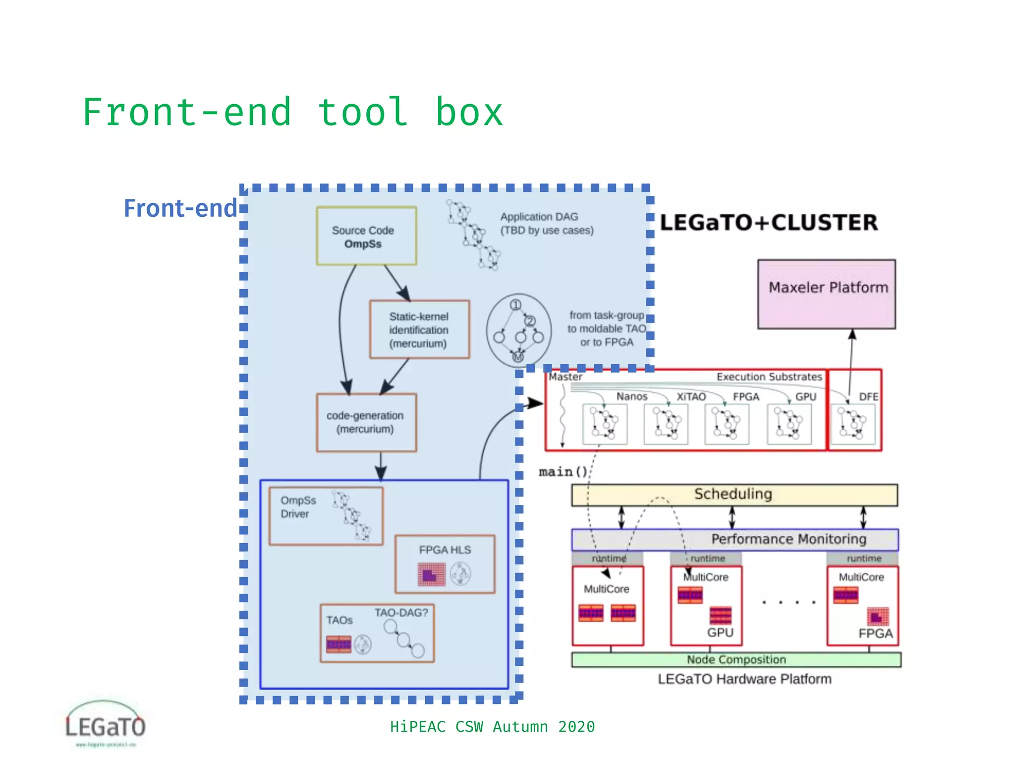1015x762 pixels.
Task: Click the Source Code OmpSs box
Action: (x=366, y=236)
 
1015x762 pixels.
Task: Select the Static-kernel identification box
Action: (x=419, y=329)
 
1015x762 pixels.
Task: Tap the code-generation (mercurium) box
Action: (x=366, y=422)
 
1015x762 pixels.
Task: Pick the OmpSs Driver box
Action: (x=326, y=516)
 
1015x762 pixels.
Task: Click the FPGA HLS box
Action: (x=445, y=564)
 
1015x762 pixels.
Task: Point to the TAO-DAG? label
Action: (x=401, y=613)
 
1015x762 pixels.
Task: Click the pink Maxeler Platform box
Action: (x=826, y=294)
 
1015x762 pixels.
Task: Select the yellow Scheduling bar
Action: (x=733, y=495)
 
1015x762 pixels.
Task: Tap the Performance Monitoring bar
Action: (x=788, y=539)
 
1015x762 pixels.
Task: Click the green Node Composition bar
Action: (x=736, y=660)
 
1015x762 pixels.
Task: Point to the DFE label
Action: (x=868, y=397)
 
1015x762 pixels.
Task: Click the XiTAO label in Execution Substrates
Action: (x=691, y=397)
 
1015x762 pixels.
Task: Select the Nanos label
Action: (x=631, y=396)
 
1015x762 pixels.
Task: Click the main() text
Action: (x=563, y=471)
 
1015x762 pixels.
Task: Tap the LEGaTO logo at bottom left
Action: (x=105, y=724)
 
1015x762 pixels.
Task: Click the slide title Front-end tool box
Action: (x=292, y=113)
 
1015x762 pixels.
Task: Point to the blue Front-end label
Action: (x=180, y=208)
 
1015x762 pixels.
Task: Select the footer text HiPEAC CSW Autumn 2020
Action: (x=492, y=727)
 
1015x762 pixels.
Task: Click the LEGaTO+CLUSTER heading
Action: (x=769, y=222)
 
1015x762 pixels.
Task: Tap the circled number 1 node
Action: (x=515, y=305)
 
